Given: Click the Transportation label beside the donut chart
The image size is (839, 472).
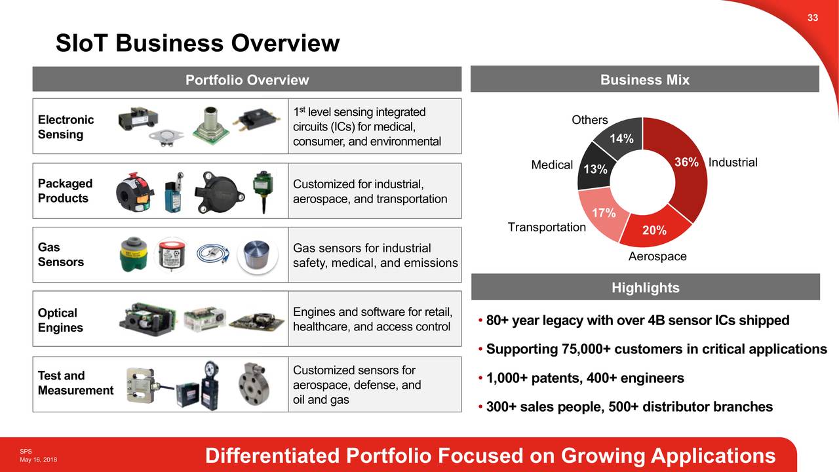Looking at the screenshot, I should pos(547,227).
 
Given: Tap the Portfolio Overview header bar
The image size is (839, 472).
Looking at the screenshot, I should pos(247,80).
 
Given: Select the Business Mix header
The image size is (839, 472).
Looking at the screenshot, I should pos(645,80).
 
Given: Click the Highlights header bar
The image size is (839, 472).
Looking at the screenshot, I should pos(645,288).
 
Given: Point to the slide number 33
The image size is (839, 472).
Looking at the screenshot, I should pos(812,18).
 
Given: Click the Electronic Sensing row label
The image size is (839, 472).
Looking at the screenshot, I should pos(66,127).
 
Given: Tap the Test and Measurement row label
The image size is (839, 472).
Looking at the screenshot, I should pos(75,383).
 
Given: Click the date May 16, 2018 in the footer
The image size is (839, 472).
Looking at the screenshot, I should pos(37,460).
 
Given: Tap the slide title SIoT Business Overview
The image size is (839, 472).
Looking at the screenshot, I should pos(197,43).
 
